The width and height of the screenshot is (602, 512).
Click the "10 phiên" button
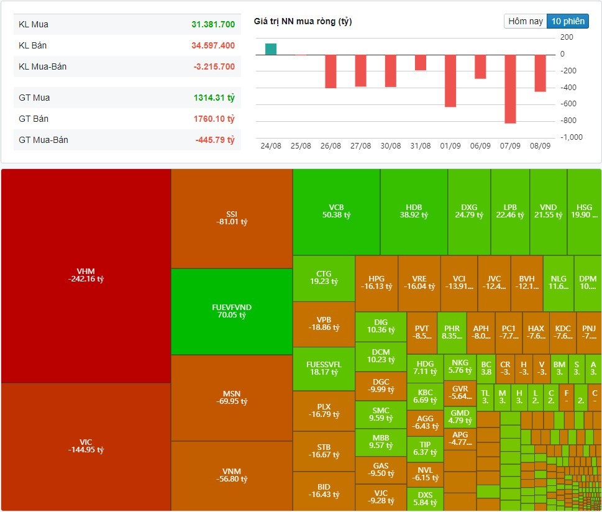[x=567, y=21]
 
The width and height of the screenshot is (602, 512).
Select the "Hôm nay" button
[x=526, y=21]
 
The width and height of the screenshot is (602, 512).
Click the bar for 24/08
[x=271, y=49]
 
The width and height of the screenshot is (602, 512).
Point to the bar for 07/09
[x=511, y=89]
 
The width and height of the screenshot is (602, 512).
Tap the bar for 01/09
[x=450, y=81]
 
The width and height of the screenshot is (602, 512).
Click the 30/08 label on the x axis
[x=391, y=145]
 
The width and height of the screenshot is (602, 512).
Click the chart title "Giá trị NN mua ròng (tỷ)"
[x=303, y=21]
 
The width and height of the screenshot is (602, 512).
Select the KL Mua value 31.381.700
[x=213, y=25]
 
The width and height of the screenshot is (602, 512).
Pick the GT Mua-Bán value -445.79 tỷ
[x=214, y=140]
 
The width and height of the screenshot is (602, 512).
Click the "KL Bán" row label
[x=33, y=45]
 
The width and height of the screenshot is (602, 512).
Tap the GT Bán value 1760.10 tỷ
[x=214, y=119]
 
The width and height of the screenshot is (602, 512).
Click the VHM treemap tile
[x=86, y=275]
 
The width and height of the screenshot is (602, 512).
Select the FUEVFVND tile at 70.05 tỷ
[x=231, y=311]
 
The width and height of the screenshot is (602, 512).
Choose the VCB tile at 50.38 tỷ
[x=336, y=211]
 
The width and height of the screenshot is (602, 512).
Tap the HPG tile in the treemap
[x=380, y=283]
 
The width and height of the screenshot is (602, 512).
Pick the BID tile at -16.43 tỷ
[x=324, y=491]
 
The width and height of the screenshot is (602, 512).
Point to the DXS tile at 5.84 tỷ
[x=425, y=499]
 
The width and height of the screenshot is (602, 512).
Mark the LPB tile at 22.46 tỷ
[x=510, y=211]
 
